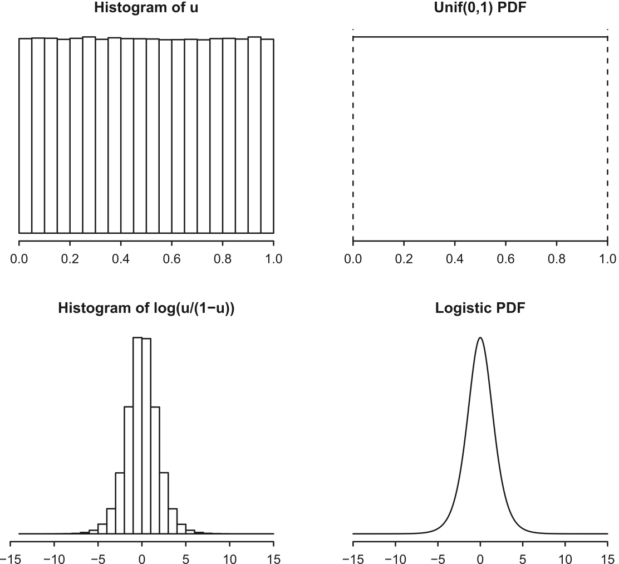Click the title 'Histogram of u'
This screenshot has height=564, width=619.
(146, 8)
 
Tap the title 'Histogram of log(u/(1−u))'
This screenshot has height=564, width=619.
(146, 310)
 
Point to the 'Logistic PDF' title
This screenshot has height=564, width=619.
(480, 310)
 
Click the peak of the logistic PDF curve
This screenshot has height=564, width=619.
(480, 337)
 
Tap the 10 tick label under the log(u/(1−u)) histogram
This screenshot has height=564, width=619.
(229, 557)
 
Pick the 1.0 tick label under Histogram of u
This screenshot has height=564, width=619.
(273, 258)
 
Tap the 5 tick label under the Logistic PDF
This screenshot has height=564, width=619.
(523, 557)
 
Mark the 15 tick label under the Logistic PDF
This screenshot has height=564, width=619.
(607, 557)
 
